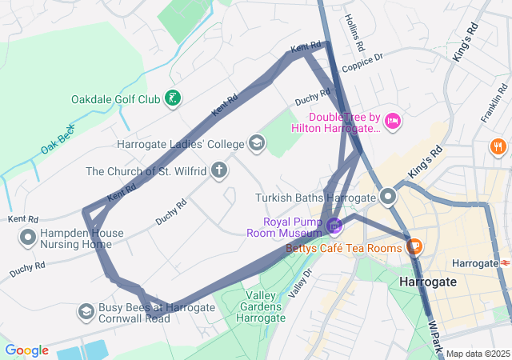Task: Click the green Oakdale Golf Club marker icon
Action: tap(172, 99)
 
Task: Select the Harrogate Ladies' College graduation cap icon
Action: tap(257, 144)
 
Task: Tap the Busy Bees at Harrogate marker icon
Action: tap(86, 310)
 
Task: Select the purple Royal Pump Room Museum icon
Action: tap(334, 227)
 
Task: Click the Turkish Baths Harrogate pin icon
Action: tap(389, 196)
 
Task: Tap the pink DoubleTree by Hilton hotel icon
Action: tap(392, 121)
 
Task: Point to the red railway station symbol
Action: tap(505, 262)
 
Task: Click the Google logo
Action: tap(27, 350)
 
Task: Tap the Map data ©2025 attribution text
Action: tap(478, 354)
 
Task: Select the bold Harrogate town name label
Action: tap(427, 282)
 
